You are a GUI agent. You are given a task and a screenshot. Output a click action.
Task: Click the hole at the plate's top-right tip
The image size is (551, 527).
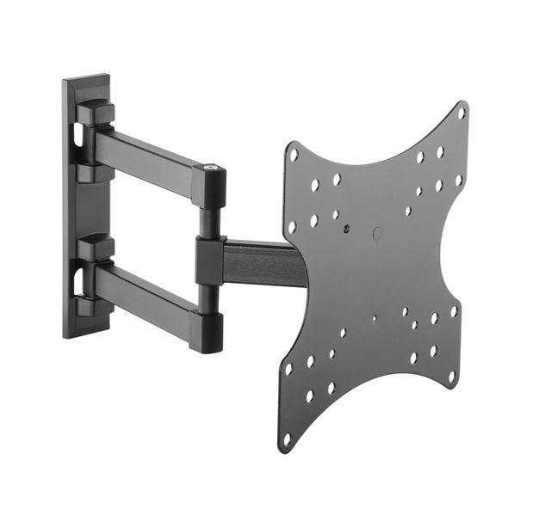(x=461, y=113)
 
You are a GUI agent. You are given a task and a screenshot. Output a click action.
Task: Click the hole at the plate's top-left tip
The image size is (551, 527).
(x=294, y=156)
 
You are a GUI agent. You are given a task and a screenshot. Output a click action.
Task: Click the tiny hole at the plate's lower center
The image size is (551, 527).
(x=374, y=318)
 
